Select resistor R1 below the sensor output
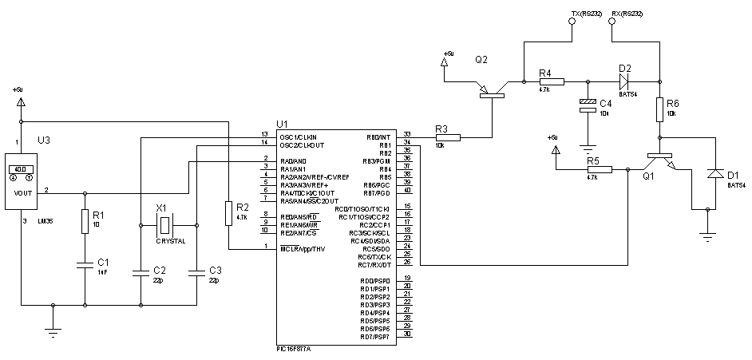(x=85, y=221)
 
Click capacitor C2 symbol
(x=141, y=273)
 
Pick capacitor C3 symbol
(x=196, y=273)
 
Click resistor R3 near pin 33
(x=448, y=138)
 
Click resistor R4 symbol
(x=551, y=81)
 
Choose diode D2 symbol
(x=625, y=81)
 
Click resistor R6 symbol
(x=661, y=109)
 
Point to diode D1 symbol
(x=716, y=173)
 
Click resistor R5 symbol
(x=599, y=169)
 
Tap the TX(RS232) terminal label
(x=586, y=13)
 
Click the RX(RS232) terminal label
(x=627, y=13)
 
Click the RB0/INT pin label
(x=378, y=136)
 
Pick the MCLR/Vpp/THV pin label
(x=303, y=248)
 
